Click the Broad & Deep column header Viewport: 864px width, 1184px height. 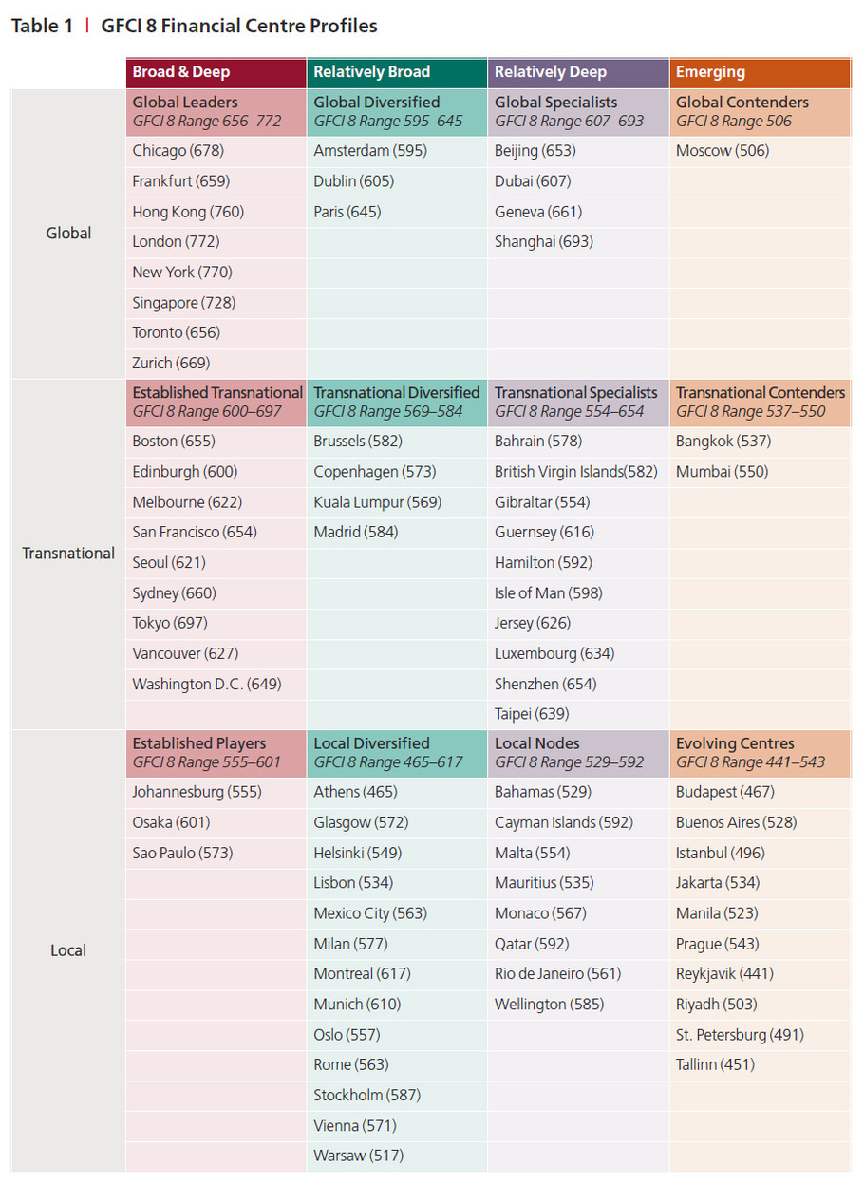point(180,72)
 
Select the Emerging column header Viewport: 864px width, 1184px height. point(710,72)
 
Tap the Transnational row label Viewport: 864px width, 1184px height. point(68,554)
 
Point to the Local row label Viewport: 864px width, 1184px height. point(68,950)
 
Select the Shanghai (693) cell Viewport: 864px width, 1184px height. point(543,242)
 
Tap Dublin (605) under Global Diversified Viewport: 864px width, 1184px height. point(353,181)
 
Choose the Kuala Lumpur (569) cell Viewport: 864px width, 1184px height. point(377,502)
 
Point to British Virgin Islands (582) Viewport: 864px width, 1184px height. point(575,472)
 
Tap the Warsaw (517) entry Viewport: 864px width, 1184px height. point(358,1156)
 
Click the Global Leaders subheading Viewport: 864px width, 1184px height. point(185,103)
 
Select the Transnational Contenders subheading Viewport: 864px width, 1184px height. point(760,393)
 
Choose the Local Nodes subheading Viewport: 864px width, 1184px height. point(536,744)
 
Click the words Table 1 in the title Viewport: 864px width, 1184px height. point(42,27)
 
